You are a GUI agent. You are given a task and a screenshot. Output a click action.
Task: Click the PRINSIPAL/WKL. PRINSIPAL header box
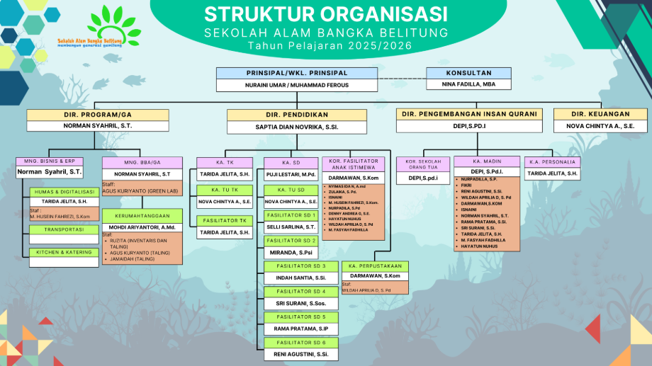[296, 73]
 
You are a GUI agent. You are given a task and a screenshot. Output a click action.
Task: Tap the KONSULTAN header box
[468, 73]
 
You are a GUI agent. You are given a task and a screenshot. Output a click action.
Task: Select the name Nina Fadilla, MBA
[468, 84]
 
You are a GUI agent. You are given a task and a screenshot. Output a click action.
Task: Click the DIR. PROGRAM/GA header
[98, 115]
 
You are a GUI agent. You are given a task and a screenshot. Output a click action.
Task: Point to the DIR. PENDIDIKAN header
[296, 115]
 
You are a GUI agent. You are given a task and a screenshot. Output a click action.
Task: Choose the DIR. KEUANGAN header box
[600, 115]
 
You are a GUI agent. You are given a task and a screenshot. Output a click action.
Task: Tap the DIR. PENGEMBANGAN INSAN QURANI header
[470, 115]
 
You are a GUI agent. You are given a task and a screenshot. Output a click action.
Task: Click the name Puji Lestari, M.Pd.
[291, 174]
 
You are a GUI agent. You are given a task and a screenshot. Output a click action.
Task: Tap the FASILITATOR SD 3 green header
[300, 266]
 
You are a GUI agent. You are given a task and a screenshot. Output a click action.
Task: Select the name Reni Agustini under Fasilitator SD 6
[300, 354]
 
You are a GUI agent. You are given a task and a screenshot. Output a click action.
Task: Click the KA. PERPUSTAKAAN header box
[375, 266]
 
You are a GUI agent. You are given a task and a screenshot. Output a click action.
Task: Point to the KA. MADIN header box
[486, 162]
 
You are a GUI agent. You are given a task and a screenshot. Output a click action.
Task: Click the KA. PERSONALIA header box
[552, 162]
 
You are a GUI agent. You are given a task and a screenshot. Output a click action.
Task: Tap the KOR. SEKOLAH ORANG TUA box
[423, 165]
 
